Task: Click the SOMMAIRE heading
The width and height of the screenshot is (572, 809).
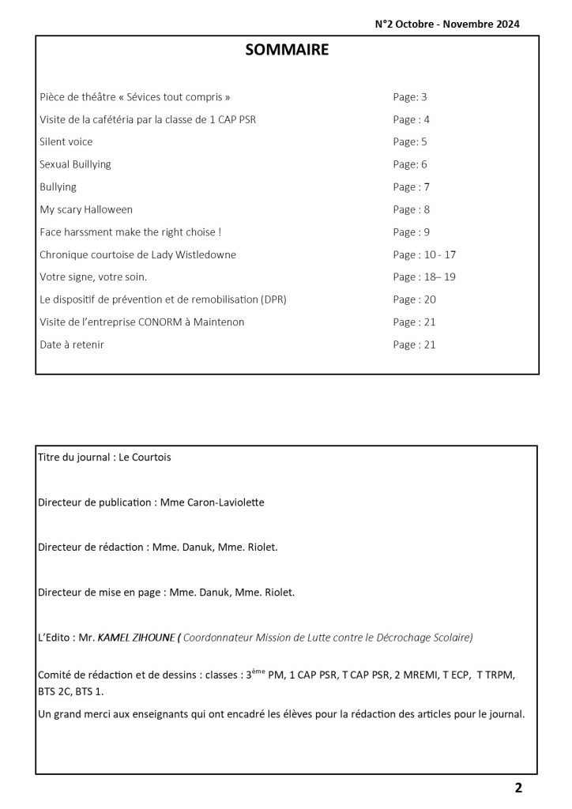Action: coord(287,51)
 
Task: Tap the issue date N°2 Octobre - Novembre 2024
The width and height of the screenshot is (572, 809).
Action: coord(447,24)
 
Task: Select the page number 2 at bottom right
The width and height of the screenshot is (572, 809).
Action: coord(518,787)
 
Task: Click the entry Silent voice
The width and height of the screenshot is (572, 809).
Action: coord(66,142)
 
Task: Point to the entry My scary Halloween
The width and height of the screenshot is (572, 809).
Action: coord(86,209)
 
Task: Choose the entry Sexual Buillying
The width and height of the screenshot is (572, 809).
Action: coord(75,164)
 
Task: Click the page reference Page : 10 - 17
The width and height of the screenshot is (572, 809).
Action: coord(424,254)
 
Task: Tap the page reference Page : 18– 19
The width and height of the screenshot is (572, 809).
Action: coord(424,277)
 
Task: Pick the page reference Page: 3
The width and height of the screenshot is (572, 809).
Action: coord(409,97)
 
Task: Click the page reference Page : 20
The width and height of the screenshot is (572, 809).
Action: coord(414,299)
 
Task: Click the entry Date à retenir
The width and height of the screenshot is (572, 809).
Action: coord(71,344)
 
